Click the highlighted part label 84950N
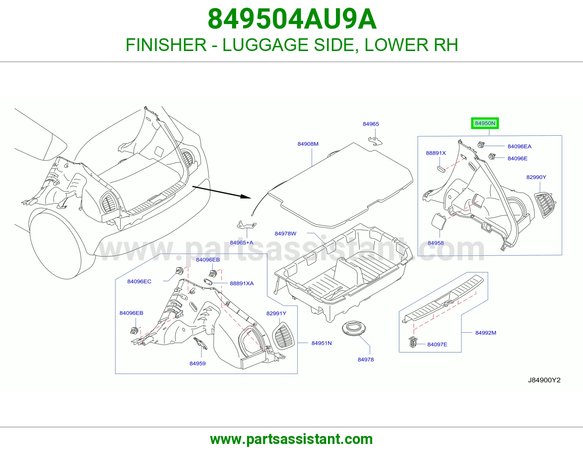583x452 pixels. (485, 123)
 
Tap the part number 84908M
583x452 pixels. (308, 144)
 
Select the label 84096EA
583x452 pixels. (519, 146)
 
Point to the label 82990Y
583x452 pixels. (536, 177)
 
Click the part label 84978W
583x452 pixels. (285, 234)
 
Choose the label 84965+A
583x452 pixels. (242, 243)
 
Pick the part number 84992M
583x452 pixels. (486, 333)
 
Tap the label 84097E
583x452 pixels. (437, 344)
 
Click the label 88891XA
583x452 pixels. (242, 284)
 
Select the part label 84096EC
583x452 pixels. (139, 281)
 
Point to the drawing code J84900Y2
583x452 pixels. (544, 380)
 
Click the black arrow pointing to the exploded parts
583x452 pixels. (221, 192)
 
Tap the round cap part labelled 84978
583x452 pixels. (355, 328)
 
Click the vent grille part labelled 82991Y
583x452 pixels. (283, 335)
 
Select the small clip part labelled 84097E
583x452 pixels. (413, 342)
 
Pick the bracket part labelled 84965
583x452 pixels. (375, 141)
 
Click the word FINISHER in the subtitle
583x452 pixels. (166, 45)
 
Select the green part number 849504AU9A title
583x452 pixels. (292, 19)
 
